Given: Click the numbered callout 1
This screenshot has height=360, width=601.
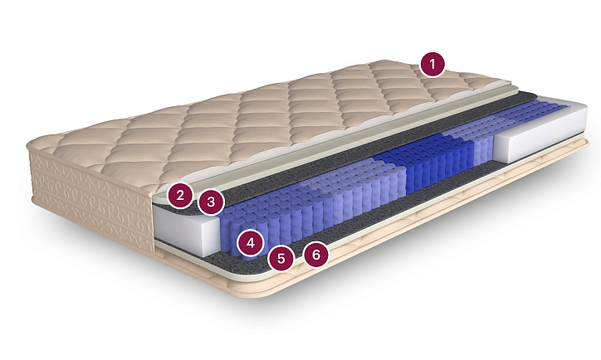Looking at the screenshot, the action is pyautogui.click(x=432, y=64).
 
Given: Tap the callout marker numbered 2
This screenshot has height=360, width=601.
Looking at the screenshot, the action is pyautogui.click(x=180, y=196).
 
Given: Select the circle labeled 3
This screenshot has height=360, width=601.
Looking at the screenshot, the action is pyautogui.click(x=211, y=202).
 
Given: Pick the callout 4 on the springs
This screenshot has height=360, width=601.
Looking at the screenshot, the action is pyautogui.click(x=251, y=242).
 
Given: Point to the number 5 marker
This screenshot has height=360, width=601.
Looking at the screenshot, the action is pyautogui.click(x=281, y=258).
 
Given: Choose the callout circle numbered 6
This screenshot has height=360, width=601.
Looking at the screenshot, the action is pyautogui.click(x=316, y=255).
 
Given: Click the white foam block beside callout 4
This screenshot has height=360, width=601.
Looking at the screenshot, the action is pyautogui.click(x=186, y=231).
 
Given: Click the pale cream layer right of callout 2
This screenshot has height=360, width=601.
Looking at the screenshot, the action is pyautogui.click(x=325, y=140).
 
